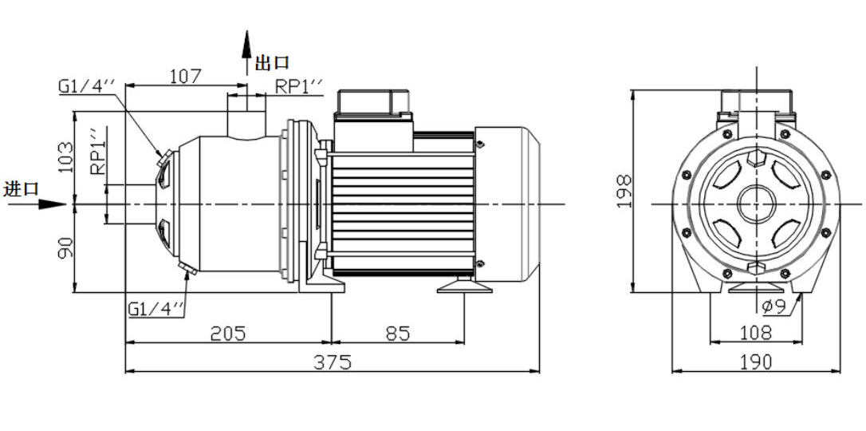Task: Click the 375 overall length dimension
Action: click(333, 362)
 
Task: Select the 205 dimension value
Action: click(227, 334)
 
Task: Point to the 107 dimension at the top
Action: click(185, 76)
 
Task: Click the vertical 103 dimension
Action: click(65, 157)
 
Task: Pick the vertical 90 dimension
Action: click(65, 247)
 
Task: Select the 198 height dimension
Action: click(624, 191)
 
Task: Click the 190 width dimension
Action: click(755, 362)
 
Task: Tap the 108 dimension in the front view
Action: click(755, 332)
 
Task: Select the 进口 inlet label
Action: click(21, 189)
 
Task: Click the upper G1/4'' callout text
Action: click(87, 86)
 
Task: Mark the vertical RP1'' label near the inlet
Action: click(96, 152)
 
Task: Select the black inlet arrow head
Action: click(53, 204)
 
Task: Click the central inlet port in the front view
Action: click(755, 204)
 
